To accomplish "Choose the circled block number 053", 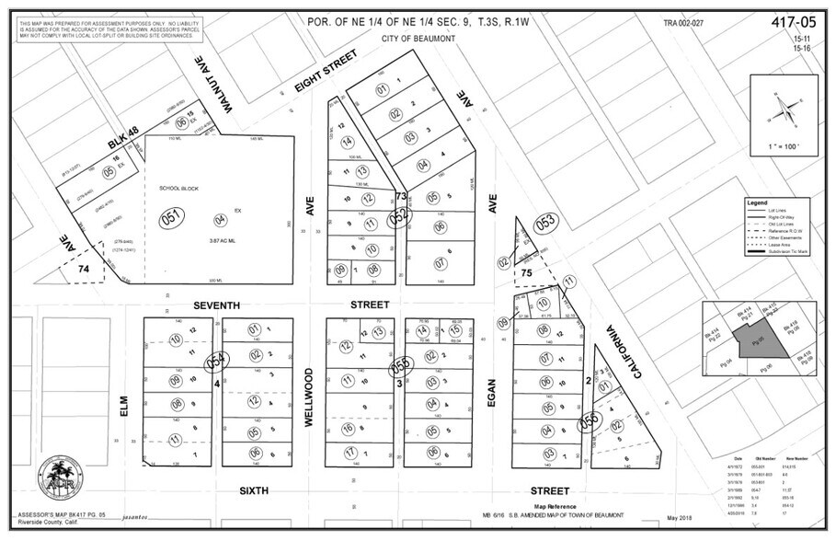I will (x=546, y=222).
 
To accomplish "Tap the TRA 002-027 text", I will (x=683, y=21).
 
